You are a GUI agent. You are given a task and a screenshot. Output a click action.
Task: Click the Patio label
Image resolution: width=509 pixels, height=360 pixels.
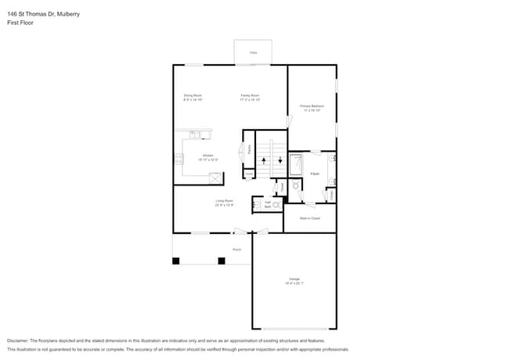(253, 52)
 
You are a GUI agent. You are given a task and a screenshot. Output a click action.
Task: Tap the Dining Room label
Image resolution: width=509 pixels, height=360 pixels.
(193, 98)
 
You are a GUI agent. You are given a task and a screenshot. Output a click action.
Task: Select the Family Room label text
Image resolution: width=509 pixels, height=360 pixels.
(250, 98)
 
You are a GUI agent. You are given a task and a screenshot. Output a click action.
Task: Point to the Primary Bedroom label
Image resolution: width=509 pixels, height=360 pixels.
(312, 107)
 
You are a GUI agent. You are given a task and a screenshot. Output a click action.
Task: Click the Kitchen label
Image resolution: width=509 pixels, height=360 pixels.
(208, 157)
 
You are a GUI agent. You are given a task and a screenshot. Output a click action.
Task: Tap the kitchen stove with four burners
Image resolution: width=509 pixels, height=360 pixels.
(179, 159)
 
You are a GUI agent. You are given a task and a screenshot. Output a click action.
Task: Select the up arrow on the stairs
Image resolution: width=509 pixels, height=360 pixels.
(265, 160)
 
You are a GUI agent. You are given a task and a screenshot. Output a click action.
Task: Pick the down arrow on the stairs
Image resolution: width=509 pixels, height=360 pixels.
(279, 160)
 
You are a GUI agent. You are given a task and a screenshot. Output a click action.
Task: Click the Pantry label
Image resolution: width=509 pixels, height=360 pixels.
(249, 149)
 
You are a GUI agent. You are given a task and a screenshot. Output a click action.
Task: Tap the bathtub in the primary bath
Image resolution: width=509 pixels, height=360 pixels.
(296, 166)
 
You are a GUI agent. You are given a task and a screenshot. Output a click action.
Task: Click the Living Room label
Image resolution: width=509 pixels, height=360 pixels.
(224, 203)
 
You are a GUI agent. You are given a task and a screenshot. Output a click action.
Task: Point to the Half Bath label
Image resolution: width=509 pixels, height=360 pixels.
(267, 203)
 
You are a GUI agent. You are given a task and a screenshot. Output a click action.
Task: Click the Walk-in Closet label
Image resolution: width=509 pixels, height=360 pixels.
(310, 218)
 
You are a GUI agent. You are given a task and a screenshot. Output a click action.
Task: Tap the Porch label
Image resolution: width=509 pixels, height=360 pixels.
(236, 249)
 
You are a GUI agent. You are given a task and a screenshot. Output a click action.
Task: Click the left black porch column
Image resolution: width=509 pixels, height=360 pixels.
(176, 261)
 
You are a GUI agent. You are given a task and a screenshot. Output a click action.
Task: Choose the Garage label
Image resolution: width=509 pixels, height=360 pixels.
(294, 280)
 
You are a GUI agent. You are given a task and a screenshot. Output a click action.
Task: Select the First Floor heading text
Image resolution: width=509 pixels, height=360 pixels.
(20, 23)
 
